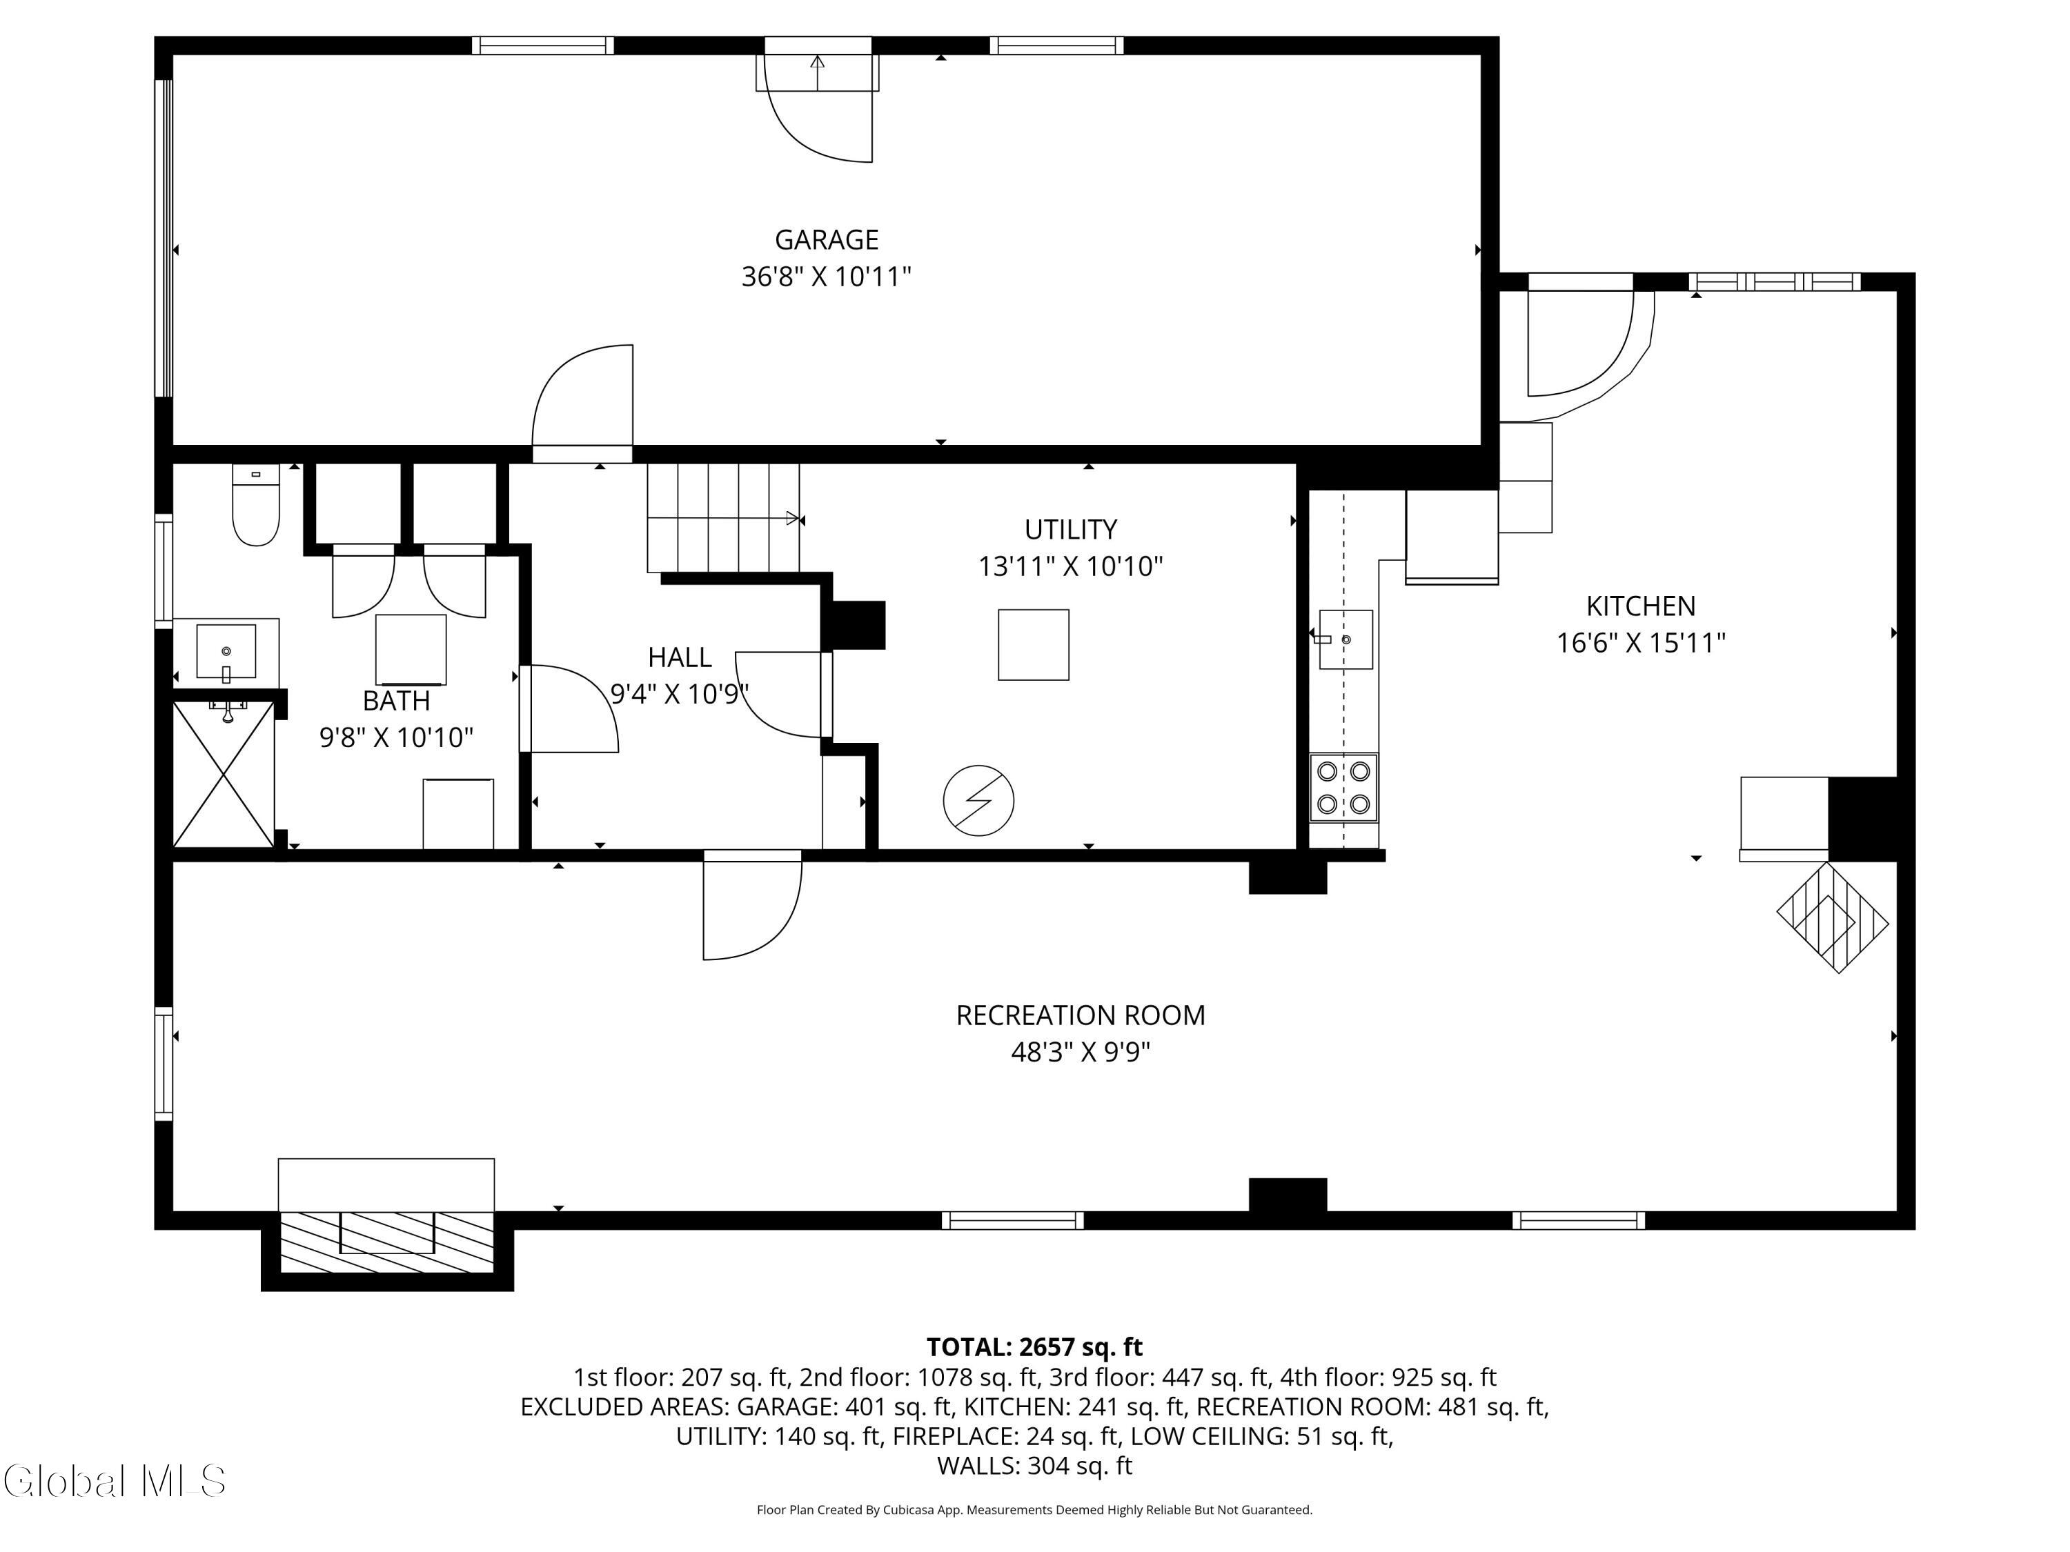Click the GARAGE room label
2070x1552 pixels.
coord(827,241)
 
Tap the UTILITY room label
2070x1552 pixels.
coord(1071,530)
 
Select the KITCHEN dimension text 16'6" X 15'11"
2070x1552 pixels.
coord(1640,644)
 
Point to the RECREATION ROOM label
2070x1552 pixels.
coord(1080,1015)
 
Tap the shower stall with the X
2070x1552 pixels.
coord(224,775)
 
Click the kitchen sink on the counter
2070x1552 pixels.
coord(1345,640)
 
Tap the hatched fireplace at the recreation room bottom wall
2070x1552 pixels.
coord(386,1242)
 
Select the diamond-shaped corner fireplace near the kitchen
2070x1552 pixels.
coord(1833,917)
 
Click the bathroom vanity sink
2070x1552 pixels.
coord(226,651)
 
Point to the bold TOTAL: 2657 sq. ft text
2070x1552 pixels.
coord(1034,1347)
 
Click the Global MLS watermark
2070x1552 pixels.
coord(114,1481)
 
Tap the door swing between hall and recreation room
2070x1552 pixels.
coord(752,906)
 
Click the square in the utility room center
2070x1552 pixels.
coord(1033,644)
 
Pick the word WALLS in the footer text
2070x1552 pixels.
coord(977,1466)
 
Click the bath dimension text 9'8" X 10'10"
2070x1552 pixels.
coord(397,738)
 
